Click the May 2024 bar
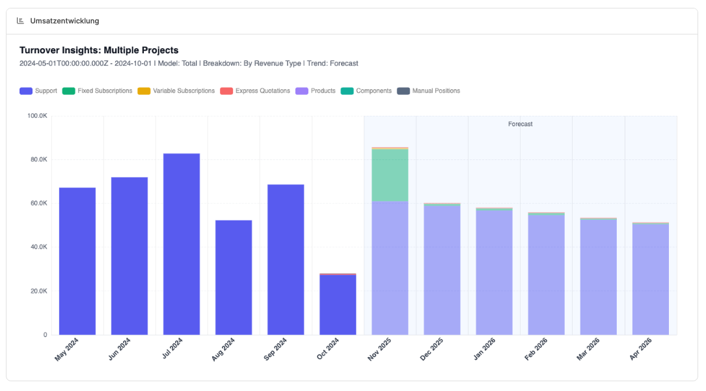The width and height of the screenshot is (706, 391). tap(77, 261)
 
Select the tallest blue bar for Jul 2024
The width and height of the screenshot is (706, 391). tap(182, 244)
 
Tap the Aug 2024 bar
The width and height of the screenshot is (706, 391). tap(234, 277)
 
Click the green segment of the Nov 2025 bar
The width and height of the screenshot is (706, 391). tap(390, 175)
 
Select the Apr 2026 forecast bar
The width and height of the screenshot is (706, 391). tap(650, 279)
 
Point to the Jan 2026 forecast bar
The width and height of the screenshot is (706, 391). tap(494, 272)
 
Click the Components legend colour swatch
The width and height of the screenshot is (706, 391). tap(347, 91)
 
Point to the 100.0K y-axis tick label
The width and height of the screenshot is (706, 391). tap(36, 116)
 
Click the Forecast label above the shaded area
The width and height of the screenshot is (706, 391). tap(521, 124)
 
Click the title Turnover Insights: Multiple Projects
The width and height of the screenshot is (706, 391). tap(99, 50)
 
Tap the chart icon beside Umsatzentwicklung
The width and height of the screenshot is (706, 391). tap(20, 21)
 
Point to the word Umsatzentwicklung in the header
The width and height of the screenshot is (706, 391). tap(64, 21)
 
